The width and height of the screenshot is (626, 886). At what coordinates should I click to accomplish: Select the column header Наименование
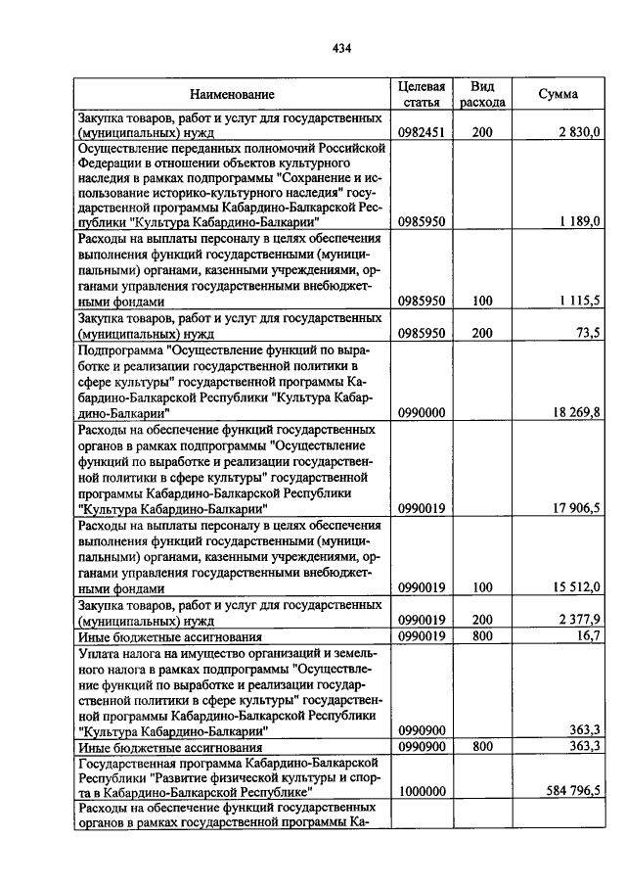point(232,94)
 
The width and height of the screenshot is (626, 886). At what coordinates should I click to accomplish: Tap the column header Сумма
point(558,94)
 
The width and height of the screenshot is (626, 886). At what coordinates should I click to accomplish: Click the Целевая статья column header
point(422,94)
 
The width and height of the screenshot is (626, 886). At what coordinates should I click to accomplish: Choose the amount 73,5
point(587,333)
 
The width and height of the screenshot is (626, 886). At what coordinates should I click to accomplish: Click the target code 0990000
point(422,414)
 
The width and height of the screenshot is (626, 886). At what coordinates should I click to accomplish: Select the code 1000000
point(422,791)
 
